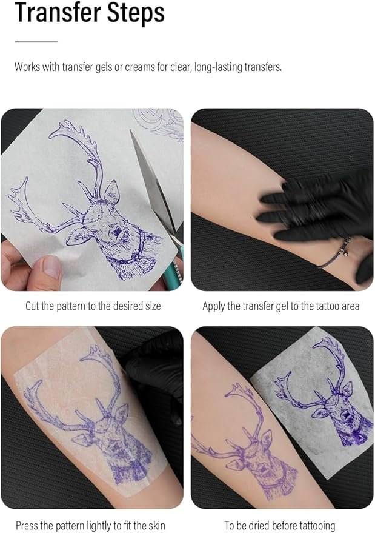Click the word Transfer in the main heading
(58, 13)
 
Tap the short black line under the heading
(36, 42)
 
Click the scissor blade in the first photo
(153, 180)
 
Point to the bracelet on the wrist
(335, 254)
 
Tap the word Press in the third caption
(27, 525)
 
